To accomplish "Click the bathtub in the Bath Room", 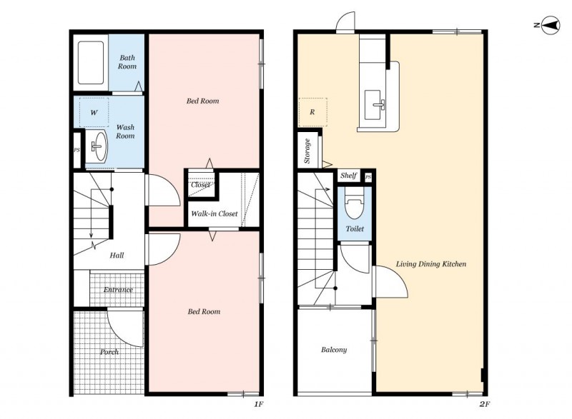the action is tap(91, 63).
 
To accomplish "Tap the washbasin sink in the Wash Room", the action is tap(99, 146).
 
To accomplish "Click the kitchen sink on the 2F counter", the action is tap(373, 105).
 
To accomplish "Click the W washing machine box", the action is tap(94, 112).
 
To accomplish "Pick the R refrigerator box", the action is tap(312, 112).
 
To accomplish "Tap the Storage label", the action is tap(307, 151).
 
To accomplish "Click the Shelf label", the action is tap(348, 176).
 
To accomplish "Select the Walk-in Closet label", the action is tap(214, 213).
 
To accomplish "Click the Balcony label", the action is tap(334, 350).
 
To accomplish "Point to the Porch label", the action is tap(109, 352).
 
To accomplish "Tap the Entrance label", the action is tap(118, 290).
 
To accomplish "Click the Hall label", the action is tap(117, 256).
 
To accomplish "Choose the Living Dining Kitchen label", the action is tap(431, 264).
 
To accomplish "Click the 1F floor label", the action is tap(259, 404).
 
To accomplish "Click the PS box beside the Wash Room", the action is tap(77, 150).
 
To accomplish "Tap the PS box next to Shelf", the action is tap(368, 177).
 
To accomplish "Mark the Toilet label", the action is tap(355, 229).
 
